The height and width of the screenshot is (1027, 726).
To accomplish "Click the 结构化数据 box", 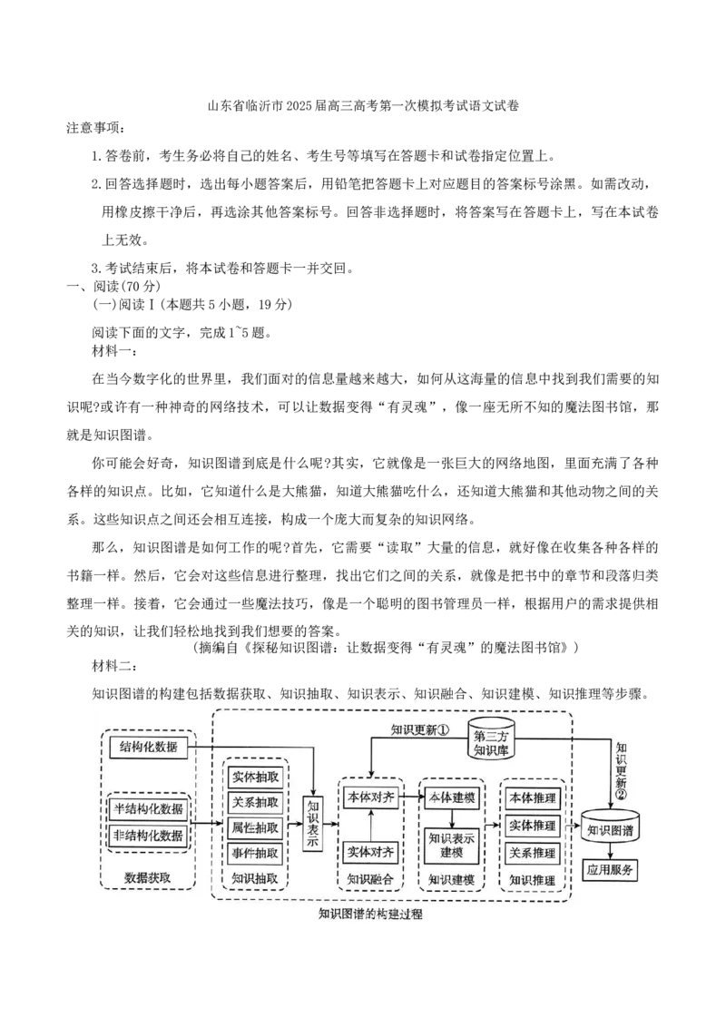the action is tap(149, 748).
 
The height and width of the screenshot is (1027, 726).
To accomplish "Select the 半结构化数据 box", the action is tap(148, 808).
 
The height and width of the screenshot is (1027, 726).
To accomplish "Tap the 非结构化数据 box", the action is tap(148, 836).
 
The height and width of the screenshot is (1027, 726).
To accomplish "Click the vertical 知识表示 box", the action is tap(313, 823).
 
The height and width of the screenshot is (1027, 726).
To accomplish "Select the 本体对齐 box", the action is tap(370, 796).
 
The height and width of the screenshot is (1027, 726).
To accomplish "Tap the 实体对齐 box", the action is tap(370, 852).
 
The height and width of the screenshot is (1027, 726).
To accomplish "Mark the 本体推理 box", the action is tap(532, 798).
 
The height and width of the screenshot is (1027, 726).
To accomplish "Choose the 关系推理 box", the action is tap(532, 853).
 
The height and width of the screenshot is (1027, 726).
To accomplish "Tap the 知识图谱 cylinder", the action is tap(610, 827).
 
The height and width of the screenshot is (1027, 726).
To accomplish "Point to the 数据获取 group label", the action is tap(148, 877).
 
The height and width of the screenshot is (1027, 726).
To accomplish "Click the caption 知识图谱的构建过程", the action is tap(370, 915).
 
